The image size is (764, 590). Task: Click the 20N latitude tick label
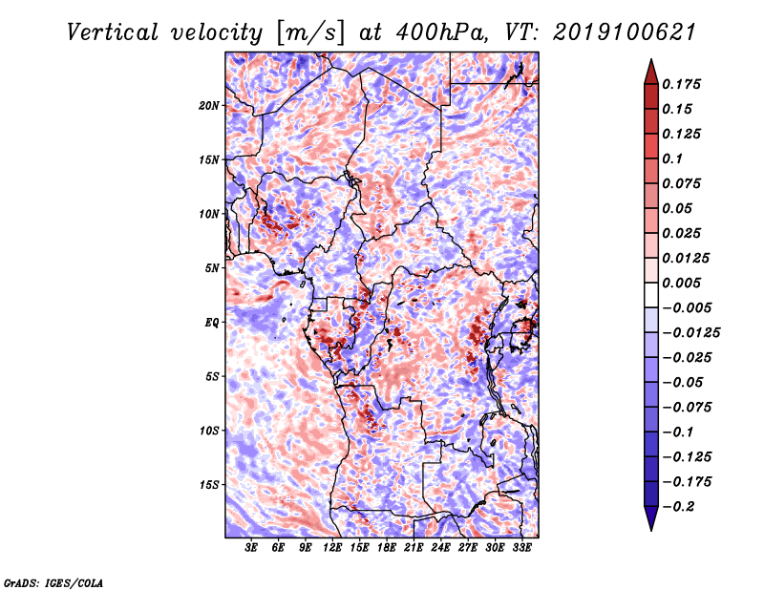tap(209, 106)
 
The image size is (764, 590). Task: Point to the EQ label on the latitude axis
tap(212, 323)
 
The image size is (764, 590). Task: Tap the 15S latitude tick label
tap(209, 485)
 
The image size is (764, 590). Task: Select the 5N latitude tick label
tap(212, 268)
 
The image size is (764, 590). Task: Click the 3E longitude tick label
tap(251, 548)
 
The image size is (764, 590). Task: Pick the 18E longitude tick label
tap(387, 548)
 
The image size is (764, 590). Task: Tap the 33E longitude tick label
tap(521, 548)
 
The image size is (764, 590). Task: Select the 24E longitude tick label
tap(440, 548)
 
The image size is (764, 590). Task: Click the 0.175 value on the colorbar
tap(681, 84)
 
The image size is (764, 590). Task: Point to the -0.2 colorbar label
tap(679, 507)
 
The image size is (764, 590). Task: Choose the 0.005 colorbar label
tap(681, 283)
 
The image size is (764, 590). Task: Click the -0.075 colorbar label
tap(687, 408)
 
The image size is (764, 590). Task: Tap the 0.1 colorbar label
tap(672, 158)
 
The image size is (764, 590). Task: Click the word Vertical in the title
tap(113, 32)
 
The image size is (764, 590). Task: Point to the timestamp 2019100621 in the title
tap(625, 32)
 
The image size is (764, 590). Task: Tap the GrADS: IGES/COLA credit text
tap(53, 582)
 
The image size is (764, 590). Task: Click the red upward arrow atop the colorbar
tap(651, 72)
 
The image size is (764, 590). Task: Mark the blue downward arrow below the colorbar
tap(651, 518)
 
